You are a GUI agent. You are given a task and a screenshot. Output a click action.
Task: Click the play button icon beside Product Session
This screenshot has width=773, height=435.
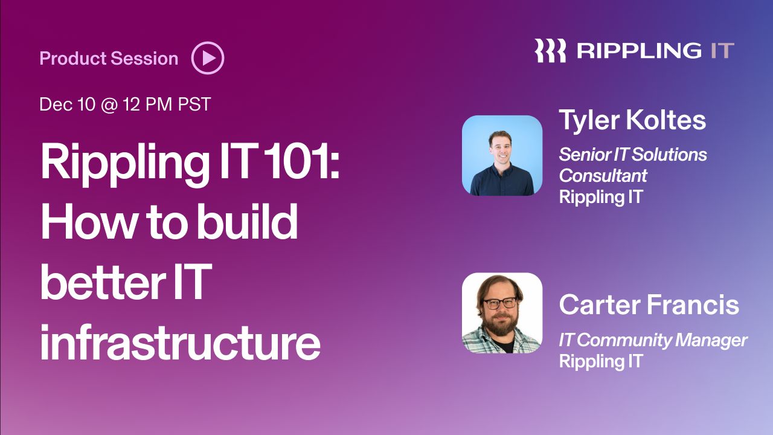point(208,58)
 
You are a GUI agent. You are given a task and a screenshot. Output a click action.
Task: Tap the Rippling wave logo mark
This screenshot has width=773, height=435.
point(550,50)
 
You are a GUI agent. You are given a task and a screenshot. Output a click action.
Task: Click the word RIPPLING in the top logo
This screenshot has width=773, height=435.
point(640,51)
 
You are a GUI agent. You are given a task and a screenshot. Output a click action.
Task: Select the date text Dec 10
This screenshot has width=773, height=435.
point(67,104)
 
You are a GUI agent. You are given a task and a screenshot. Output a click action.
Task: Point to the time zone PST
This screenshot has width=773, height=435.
point(194,104)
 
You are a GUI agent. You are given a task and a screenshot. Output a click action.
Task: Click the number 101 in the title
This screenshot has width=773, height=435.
point(300,161)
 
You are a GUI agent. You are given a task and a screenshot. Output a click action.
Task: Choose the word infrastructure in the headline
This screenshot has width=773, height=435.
point(181,342)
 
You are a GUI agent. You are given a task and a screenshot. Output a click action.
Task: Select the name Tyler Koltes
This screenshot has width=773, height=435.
point(632,120)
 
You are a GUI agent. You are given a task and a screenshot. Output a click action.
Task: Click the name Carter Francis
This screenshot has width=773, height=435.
point(649,304)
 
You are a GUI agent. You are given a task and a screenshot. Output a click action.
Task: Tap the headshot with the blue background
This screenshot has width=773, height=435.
point(502,156)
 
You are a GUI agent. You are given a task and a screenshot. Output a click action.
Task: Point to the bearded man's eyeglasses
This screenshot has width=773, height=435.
point(500,303)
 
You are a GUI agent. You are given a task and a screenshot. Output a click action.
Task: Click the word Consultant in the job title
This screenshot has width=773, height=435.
point(603,175)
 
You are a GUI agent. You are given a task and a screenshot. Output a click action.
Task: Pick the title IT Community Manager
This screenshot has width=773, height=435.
point(653,340)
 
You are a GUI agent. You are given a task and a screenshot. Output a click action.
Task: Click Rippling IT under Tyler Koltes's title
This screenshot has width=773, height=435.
point(601,197)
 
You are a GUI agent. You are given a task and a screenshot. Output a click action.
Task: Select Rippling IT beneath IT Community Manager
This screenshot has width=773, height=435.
point(601,361)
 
